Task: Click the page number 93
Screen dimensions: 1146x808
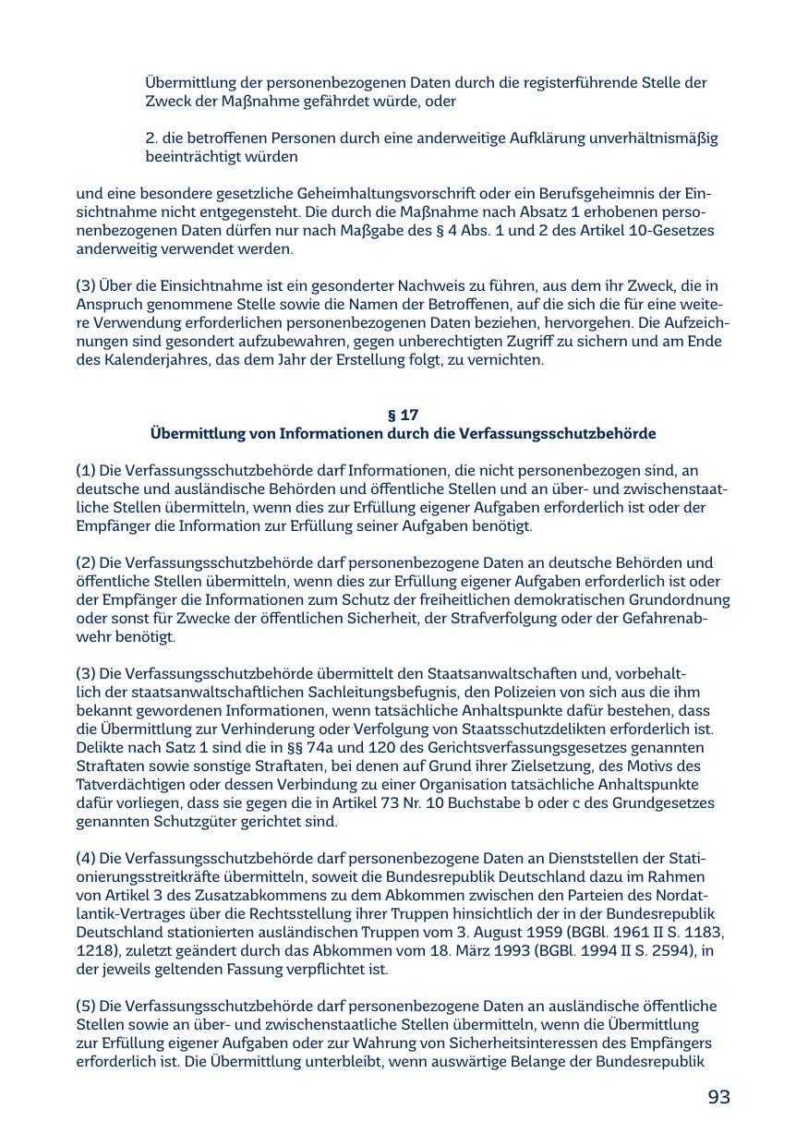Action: (718, 1097)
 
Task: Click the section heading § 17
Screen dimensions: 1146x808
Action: (403, 416)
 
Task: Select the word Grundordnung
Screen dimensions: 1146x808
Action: (681, 600)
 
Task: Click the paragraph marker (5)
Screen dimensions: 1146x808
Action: (86, 1007)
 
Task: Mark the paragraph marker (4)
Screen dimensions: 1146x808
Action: (86, 859)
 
